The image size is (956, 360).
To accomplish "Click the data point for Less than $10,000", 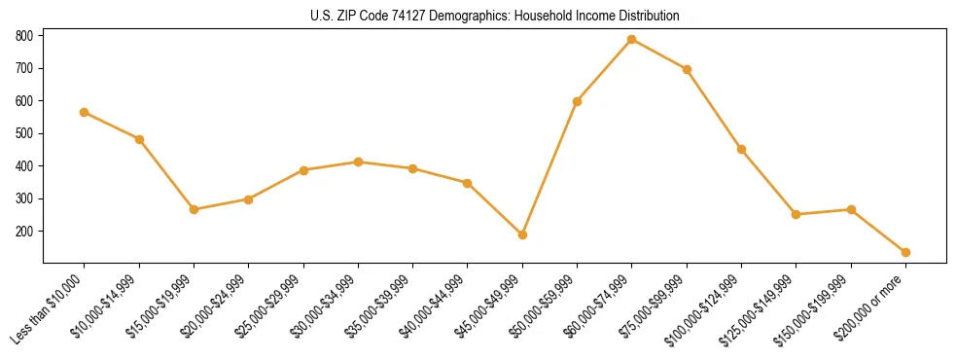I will click(x=85, y=112).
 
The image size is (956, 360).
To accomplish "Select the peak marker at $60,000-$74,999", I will click(x=632, y=39).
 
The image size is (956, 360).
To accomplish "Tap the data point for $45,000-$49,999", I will click(x=522, y=234).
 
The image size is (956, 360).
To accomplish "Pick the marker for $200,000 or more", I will click(x=905, y=252).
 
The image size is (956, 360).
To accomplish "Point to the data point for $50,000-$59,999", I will click(x=578, y=101).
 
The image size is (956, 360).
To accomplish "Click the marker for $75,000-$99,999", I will click(x=687, y=69).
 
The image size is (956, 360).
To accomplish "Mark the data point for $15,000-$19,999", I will click(x=195, y=209).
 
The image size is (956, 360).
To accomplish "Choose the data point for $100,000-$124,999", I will click(x=741, y=149).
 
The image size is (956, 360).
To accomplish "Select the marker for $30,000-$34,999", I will click(x=358, y=162).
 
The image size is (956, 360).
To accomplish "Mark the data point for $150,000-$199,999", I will click(x=851, y=209).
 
